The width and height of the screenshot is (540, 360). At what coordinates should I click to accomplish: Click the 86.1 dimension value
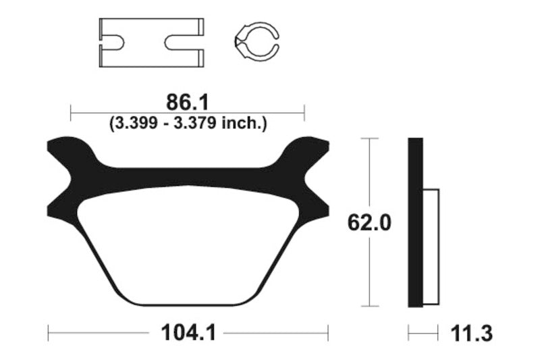188,103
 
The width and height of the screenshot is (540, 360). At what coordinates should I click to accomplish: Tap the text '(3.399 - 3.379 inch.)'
188,123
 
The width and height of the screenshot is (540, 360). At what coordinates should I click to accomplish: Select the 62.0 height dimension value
369,222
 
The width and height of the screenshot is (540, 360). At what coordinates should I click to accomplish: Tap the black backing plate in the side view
415,223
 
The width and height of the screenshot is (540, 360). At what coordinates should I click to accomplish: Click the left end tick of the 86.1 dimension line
71,112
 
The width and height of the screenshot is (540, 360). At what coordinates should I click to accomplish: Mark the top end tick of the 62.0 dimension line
369,138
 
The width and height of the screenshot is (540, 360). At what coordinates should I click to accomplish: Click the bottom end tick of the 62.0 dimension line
369,307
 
